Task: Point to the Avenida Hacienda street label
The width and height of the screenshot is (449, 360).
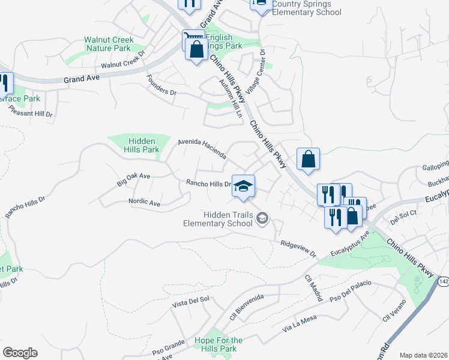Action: (202, 149)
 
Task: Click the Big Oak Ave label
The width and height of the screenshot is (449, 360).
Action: (133, 177)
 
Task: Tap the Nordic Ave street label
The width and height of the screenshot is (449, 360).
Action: (144, 203)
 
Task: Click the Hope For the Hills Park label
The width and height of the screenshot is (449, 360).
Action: (218, 345)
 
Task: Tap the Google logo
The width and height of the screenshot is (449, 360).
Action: (20, 353)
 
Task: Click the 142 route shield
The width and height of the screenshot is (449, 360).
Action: (443, 281)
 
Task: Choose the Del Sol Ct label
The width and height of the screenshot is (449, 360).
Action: (403, 217)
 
